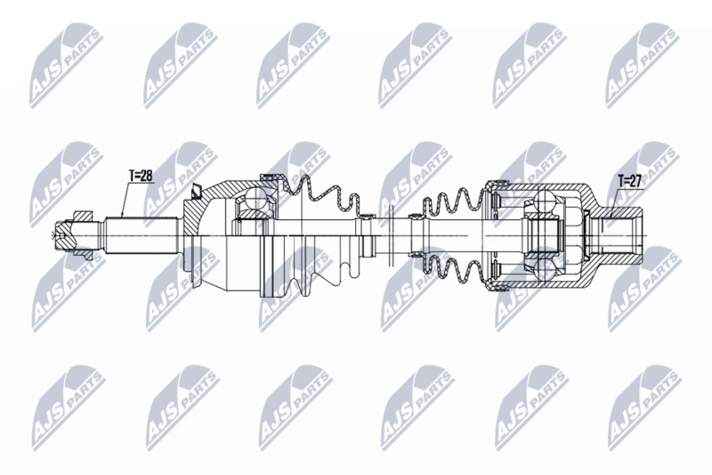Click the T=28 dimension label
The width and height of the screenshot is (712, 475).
(x=141, y=176)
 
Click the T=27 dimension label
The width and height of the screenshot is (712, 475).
(x=630, y=181)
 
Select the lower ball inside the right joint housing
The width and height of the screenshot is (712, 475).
(x=543, y=266)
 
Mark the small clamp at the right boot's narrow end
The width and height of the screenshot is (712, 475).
(x=417, y=217)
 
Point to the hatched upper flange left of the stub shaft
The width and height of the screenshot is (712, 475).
(x=80, y=215)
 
